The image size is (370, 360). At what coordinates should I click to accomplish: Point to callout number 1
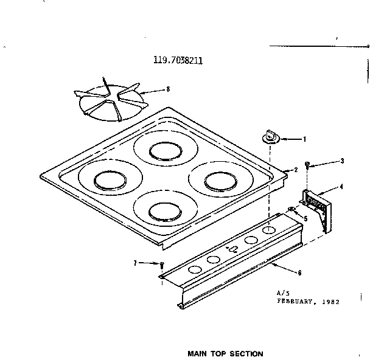coord(304,139)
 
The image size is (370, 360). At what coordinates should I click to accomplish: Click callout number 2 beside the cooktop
coord(295,170)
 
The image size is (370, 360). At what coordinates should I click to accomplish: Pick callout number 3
coord(342,161)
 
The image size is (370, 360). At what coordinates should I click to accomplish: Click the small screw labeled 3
coord(309,165)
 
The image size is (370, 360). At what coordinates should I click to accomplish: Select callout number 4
coord(341,186)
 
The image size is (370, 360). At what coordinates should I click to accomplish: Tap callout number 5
coord(305,218)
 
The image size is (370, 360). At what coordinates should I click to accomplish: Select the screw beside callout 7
coord(162,265)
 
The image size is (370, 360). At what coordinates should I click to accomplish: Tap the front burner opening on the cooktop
coord(161,211)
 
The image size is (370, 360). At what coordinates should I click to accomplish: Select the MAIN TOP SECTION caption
coord(225,353)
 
